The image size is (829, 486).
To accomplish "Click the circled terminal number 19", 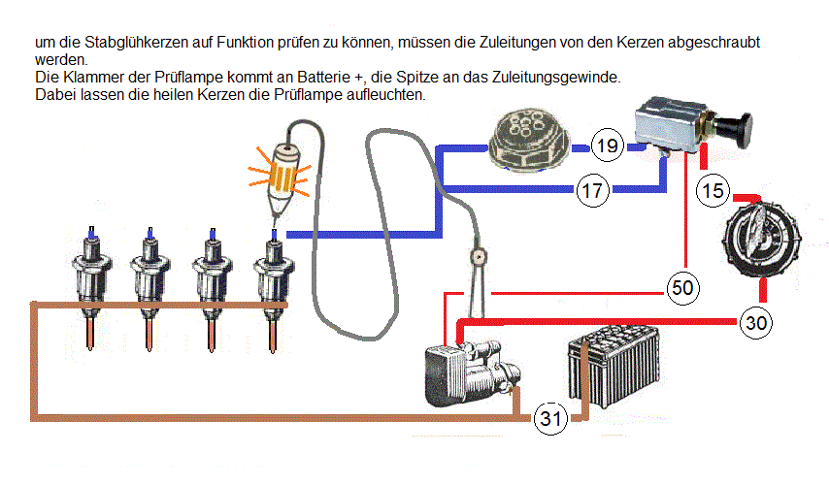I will [608, 147].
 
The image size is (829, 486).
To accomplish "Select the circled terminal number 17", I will [592, 190].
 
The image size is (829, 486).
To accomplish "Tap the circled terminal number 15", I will [713, 191].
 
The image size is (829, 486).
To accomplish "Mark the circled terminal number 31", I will [550, 419].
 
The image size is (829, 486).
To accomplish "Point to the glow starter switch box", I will [670, 126].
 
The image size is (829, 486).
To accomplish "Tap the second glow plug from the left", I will [149, 285].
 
